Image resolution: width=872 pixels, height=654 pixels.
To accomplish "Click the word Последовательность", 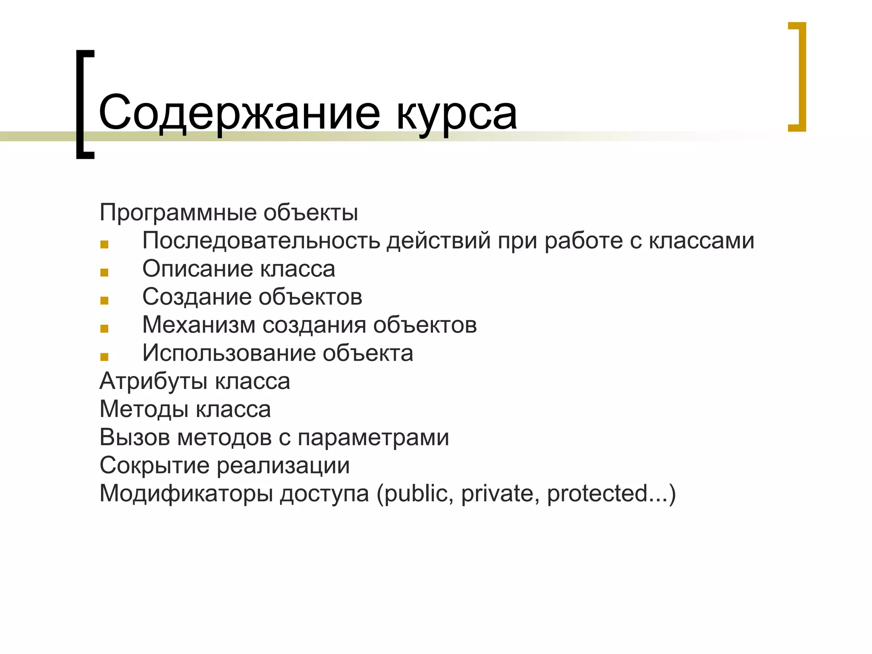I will click(x=261, y=240).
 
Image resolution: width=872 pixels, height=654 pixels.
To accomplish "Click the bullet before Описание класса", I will click(x=104, y=272).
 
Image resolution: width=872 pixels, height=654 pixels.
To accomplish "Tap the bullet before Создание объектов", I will click(x=104, y=300).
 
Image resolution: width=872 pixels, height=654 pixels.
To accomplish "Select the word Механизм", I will click(x=198, y=324).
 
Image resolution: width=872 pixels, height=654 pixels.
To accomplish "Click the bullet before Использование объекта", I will click(x=104, y=356).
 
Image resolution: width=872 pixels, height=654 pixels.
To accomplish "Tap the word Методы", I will click(x=144, y=409).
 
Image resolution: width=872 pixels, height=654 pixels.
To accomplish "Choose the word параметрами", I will click(x=373, y=437).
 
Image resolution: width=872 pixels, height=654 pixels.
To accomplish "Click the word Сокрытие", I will click(x=154, y=465).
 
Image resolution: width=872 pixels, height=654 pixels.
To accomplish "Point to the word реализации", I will click(x=283, y=465).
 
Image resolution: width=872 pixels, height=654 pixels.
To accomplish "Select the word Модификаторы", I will click(x=186, y=493).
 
